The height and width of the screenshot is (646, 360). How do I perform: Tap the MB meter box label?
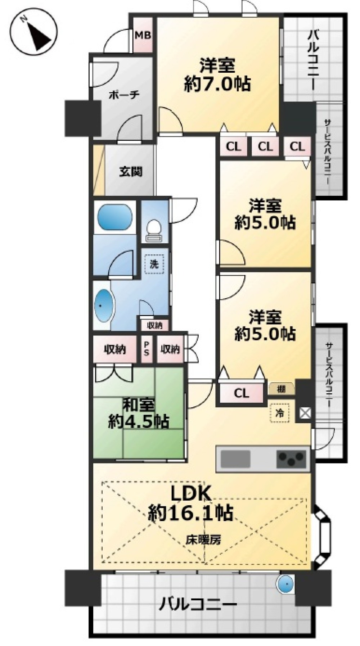(143, 35)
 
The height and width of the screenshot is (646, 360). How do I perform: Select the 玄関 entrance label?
(130, 172)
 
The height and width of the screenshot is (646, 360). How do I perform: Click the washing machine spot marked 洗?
(154, 264)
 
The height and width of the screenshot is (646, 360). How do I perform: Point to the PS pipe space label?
(147, 349)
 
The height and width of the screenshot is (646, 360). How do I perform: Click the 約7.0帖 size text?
(217, 84)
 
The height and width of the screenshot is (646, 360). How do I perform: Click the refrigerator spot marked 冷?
(280, 413)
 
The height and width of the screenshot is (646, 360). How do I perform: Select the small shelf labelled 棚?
(282, 389)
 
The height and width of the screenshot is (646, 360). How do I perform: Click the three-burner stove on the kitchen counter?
(292, 458)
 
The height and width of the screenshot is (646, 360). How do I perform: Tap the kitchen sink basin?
(235, 458)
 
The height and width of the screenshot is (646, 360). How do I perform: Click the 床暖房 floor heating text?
(203, 539)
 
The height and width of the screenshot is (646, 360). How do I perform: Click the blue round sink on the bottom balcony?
(286, 584)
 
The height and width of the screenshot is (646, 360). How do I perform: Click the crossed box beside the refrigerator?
(305, 413)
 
